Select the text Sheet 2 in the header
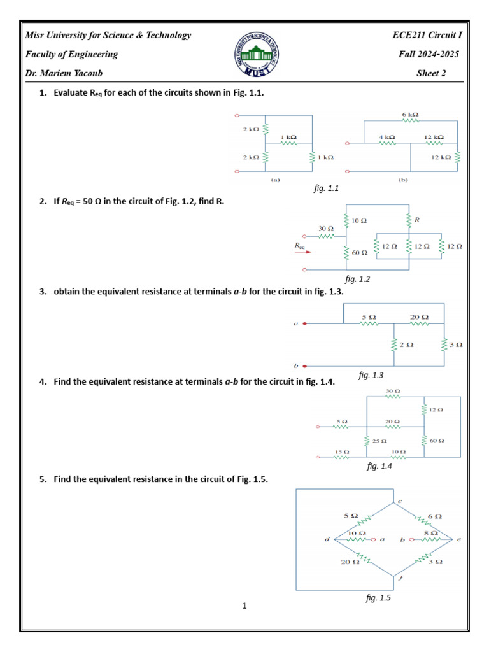431,73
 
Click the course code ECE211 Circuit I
425,35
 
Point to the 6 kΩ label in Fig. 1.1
410,115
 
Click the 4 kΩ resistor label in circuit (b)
386,137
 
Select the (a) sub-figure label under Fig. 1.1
275,180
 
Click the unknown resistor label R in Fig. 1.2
418,220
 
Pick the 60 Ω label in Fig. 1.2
360,253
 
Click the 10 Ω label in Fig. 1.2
359,220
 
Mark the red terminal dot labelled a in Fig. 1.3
305,323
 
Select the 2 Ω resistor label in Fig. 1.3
406,344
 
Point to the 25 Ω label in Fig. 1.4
379,441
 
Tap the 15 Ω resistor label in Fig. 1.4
341,451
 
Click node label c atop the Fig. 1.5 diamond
399,501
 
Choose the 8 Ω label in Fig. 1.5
431,532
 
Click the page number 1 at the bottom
244,606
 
